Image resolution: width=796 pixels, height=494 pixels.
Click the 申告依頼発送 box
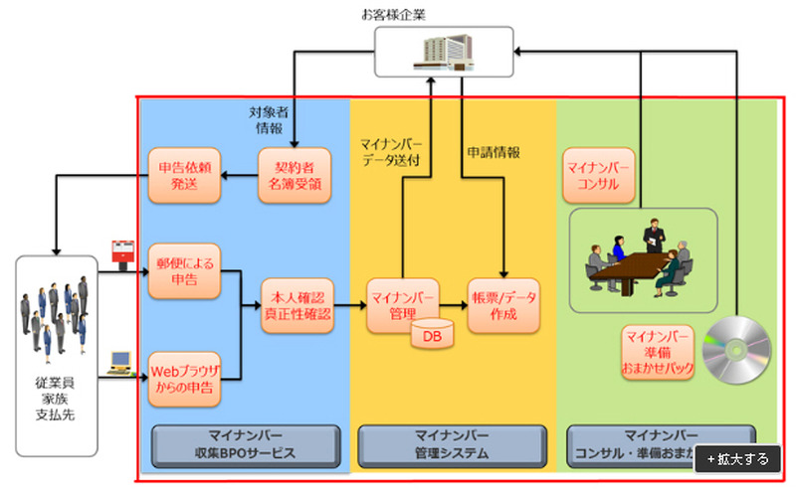click(x=184, y=175)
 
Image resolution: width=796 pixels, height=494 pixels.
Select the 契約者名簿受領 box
click(x=295, y=175)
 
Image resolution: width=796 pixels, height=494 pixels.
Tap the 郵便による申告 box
click(x=185, y=271)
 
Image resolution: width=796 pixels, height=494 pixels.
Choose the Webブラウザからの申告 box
click(x=185, y=379)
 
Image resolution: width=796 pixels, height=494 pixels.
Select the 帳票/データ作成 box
click(x=504, y=305)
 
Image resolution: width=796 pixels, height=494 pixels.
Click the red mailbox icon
click(x=123, y=251)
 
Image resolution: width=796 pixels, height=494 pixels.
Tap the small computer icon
click(x=122, y=362)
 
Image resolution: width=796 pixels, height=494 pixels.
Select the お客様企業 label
click(x=442, y=14)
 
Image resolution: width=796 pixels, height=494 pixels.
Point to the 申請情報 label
click(x=494, y=153)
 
